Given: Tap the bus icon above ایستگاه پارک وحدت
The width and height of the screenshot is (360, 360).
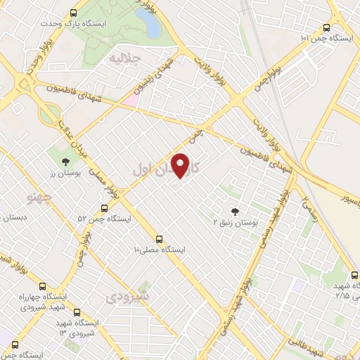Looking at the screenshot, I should click(x=75, y=13).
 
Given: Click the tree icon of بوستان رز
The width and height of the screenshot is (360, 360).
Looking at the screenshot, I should click(x=56, y=151).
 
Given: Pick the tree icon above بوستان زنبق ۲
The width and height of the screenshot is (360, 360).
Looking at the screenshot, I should click(x=235, y=210).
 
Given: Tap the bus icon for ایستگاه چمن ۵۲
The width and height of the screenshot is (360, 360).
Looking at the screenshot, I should click(x=104, y=208).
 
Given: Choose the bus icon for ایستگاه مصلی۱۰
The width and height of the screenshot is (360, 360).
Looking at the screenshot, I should click(x=160, y=239).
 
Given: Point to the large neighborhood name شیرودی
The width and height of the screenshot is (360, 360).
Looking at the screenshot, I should click(x=127, y=297).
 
